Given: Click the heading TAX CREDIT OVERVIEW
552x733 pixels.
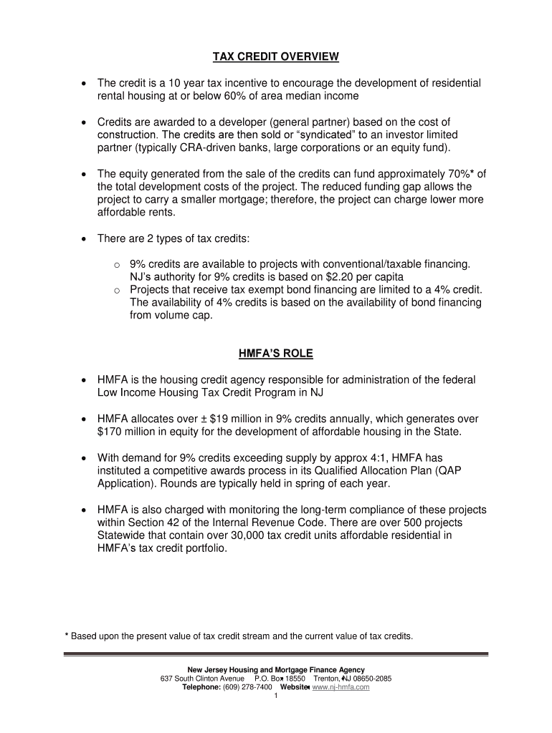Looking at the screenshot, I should (276, 56).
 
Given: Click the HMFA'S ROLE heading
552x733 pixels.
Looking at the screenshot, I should (276, 353).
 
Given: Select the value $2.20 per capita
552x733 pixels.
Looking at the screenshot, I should (356, 276).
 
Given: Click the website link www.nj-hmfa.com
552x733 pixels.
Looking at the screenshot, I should (342, 686).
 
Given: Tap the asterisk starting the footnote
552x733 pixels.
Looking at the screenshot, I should (66, 635).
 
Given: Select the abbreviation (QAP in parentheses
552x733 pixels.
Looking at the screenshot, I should (472, 470).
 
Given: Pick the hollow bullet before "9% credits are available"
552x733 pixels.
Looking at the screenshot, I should (116, 264).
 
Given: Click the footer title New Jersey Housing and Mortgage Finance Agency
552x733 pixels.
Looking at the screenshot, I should (276, 669).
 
